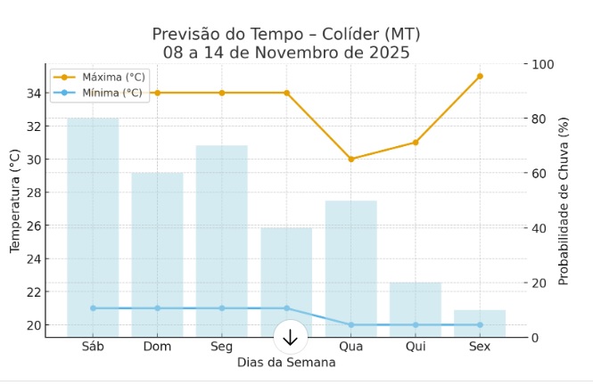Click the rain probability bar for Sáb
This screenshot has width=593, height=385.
(93, 227)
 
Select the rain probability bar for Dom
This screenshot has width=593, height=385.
(157, 255)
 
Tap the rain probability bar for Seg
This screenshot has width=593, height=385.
(222, 241)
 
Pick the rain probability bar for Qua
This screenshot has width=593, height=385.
(350, 268)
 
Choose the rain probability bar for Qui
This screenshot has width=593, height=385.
(416, 309)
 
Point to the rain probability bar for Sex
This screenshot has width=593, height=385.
(480, 324)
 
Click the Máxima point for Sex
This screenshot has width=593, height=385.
(480, 77)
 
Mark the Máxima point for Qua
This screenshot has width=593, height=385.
(350, 159)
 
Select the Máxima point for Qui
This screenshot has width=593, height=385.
(416, 143)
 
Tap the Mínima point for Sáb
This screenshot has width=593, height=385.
(93, 308)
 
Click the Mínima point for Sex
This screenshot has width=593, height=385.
(480, 324)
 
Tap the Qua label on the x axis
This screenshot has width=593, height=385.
(350, 347)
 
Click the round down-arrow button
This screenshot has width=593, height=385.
(290, 337)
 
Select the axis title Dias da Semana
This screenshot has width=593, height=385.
(286, 363)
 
